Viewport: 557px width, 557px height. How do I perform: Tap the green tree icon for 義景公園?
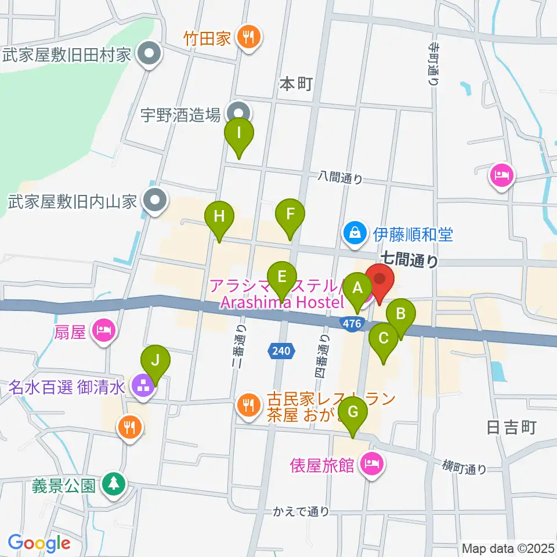[x=112, y=483]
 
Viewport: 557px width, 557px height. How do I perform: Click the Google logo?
[x=39, y=543]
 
